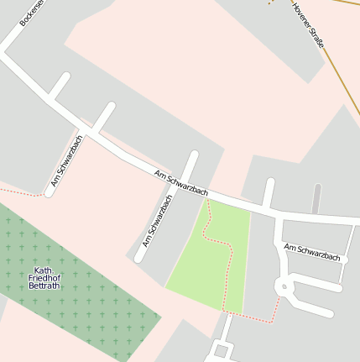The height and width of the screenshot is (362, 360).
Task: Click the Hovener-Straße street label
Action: (x=308, y=24)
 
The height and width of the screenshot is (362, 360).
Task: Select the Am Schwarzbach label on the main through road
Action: (x=181, y=183)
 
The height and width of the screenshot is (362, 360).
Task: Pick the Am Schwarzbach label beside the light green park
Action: (x=158, y=221)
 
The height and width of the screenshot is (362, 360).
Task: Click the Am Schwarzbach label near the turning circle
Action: (x=311, y=252)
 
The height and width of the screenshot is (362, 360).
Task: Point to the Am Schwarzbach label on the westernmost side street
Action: (x=67, y=160)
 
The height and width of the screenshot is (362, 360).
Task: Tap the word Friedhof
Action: (x=44, y=278)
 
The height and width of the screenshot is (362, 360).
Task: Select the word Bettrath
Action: (x=44, y=286)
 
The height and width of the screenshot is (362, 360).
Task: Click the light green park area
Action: (x=201, y=269)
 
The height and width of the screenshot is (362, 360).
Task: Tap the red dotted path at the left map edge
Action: (x=17, y=192)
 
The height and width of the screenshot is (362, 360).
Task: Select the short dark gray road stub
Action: (x=316, y=199)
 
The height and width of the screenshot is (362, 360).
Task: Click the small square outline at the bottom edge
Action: (x=222, y=350)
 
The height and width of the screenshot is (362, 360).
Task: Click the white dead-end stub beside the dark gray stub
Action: (x=269, y=192)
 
